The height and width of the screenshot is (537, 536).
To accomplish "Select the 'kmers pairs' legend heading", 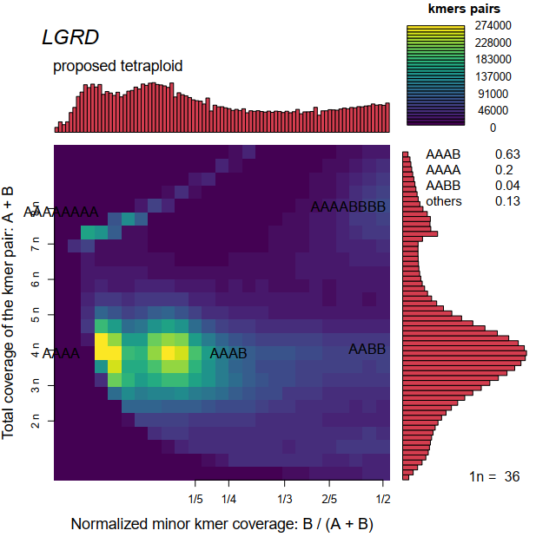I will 458,10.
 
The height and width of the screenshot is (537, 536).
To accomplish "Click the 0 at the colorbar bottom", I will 493,128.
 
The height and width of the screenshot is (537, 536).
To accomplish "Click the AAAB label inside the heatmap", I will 228,353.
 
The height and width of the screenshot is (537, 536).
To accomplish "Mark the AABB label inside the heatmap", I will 367,350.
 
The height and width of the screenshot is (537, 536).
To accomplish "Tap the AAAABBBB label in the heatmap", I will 347,207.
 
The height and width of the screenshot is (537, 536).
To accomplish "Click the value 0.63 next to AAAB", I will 506,154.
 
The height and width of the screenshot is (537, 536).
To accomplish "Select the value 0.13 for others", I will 506,201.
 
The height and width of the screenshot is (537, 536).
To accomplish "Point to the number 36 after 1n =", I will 512,476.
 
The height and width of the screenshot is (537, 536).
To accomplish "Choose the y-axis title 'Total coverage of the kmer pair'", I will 10,311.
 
